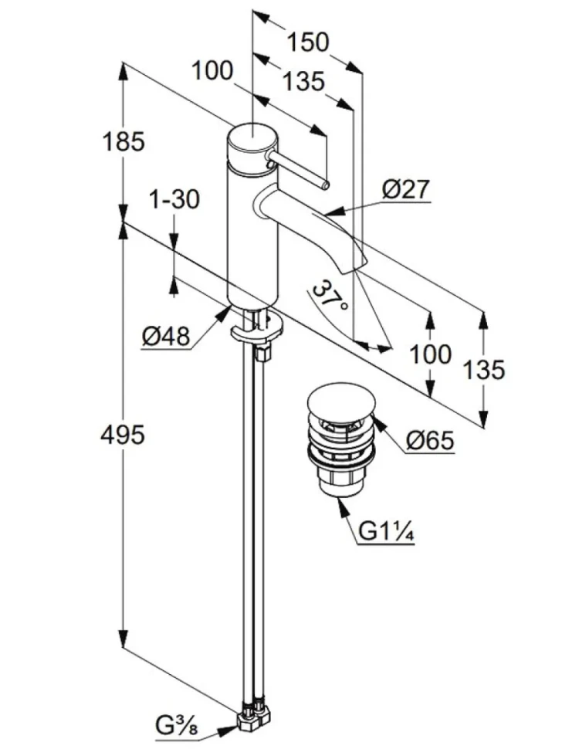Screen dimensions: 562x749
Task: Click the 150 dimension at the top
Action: click(307, 42)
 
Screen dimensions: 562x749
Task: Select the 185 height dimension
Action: click(124, 142)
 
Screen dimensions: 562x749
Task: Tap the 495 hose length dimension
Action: click(122, 435)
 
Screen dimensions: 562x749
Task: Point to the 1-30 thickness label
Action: click(174, 199)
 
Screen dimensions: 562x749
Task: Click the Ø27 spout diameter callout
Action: click(406, 190)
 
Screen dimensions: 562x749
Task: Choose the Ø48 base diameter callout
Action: click(166, 337)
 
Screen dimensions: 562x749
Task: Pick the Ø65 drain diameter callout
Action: click(430, 440)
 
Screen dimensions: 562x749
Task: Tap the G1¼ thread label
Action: click(386, 532)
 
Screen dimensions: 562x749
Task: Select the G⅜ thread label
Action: click(176, 727)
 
